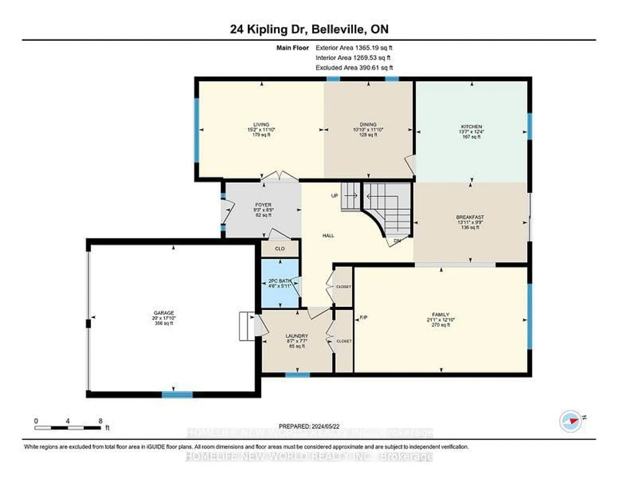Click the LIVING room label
261,124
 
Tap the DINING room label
368,124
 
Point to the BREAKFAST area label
470,217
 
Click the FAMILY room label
441,314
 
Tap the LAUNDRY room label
297,336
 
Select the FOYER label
263,205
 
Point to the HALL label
328,236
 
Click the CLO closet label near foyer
280,249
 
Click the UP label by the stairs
334,196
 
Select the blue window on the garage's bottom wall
177,394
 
